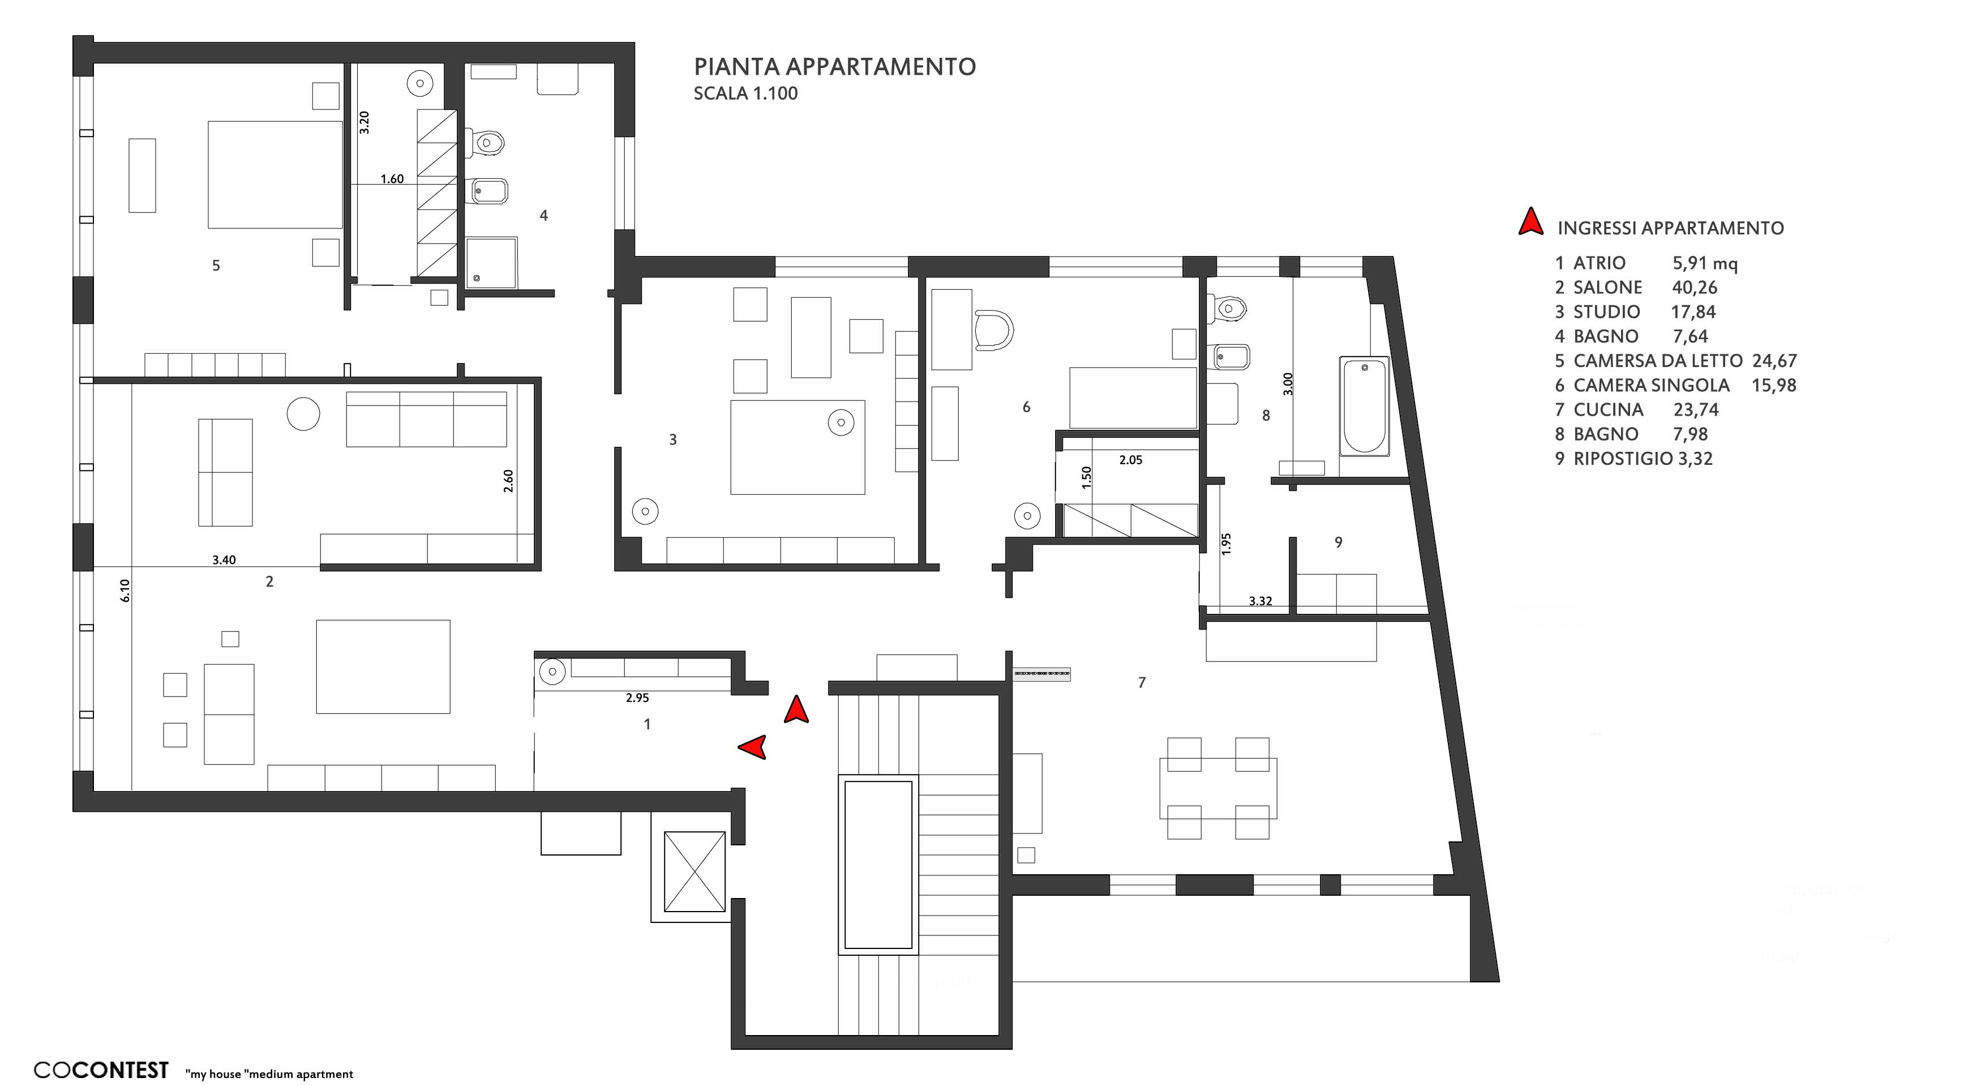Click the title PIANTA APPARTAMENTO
(x=834, y=67)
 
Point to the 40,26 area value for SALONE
(x=1694, y=288)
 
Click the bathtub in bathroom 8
(x=1363, y=405)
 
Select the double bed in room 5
(x=275, y=174)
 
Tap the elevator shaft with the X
(x=694, y=871)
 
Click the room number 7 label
(x=1142, y=682)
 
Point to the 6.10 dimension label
(x=125, y=591)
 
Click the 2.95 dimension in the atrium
(x=637, y=698)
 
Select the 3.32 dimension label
(x=1260, y=601)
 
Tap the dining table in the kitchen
(x=1218, y=788)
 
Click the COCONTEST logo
(x=101, y=1070)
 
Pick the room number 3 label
(x=673, y=440)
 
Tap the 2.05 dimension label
(x=1130, y=460)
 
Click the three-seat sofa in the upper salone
(x=426, y=419)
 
